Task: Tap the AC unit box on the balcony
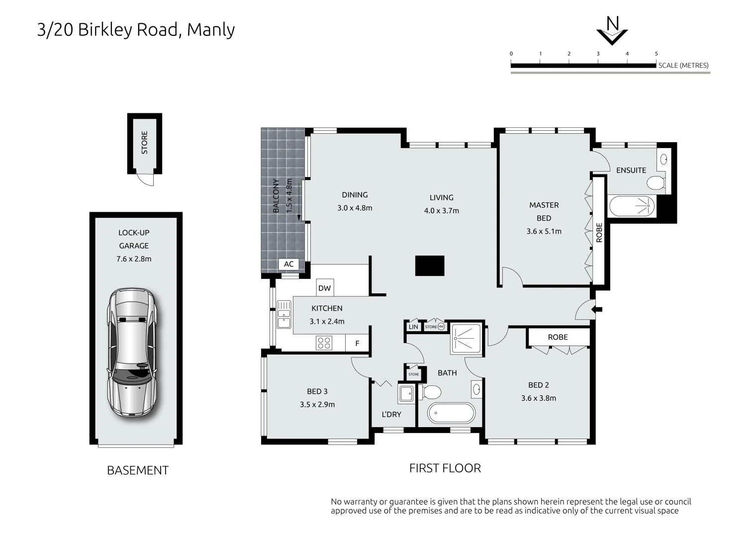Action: [288, 264]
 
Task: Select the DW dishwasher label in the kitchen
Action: [324, 288]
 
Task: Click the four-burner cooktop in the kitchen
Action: [324, 343]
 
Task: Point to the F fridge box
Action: [357, 343]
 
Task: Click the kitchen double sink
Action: [283, 314]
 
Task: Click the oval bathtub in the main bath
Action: [452, 413]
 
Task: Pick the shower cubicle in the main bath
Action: [466, 339]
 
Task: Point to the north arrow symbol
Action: [612, 31]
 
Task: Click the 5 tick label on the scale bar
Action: [656, 54]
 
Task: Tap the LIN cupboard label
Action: [413, 327]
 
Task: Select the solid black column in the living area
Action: [430, 266]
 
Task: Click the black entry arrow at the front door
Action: [597, 310]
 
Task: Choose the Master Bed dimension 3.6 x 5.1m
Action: [544, 231]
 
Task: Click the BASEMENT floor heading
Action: [138, 470]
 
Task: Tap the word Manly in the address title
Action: [211, 30]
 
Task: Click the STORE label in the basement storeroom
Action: [145, 142]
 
